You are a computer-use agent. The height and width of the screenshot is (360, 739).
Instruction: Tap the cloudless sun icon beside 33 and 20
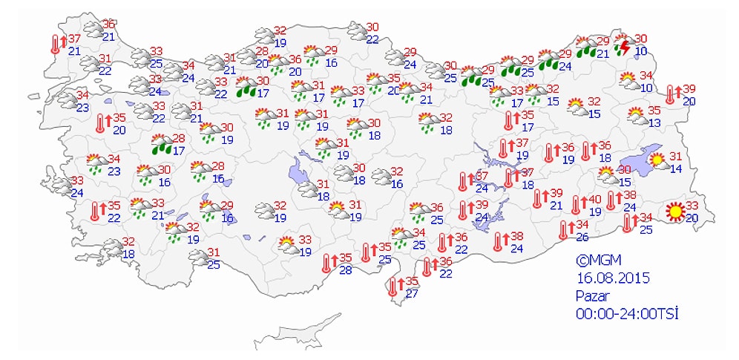click(674, 212)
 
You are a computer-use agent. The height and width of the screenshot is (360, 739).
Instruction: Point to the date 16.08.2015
click(613, 278)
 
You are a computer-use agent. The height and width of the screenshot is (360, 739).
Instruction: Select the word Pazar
click(592, 295)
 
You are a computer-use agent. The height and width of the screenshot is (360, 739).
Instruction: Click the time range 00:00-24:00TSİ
click(627, 313)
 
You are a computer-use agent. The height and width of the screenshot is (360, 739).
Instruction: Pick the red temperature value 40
click(594, 200)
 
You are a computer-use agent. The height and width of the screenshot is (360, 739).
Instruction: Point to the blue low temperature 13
click(654, 122)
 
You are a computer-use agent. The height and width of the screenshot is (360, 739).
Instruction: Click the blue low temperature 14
click(675, 168)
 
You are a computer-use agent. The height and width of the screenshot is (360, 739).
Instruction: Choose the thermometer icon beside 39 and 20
click(671, 94)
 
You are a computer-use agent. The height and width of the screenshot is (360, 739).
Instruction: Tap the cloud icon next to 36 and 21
click(93, 30)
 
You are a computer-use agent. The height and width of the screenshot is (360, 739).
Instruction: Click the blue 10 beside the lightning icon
click(640, 50)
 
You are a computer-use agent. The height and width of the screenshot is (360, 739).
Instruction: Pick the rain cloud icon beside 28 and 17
click(160, 143)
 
